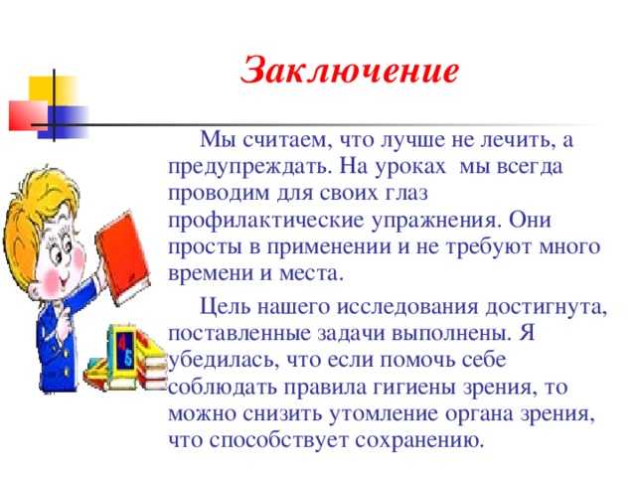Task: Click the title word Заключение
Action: [x=350, y=72]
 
